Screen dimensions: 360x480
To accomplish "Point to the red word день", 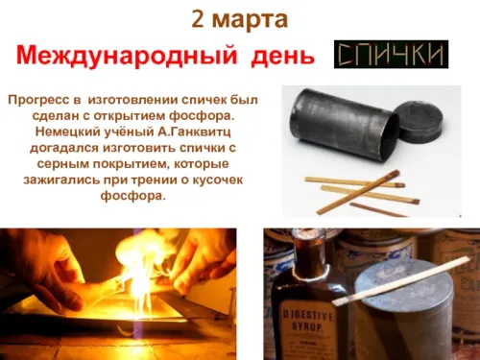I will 280,56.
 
